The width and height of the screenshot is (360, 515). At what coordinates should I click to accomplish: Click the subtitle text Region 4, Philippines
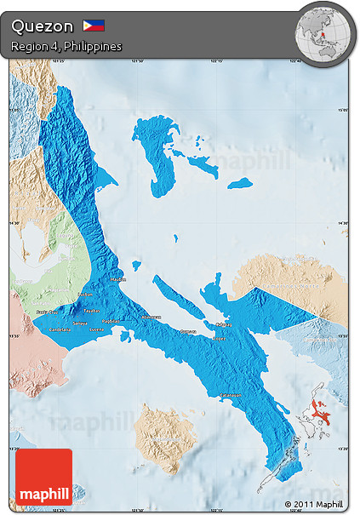[66, 45]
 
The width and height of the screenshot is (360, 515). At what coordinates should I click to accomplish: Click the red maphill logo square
[43, 477]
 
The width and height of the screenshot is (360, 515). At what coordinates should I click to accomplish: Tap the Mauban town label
[117, 278]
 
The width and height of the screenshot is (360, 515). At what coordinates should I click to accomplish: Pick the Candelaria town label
[60, 329]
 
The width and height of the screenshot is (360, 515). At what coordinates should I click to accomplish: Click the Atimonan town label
[151, 317]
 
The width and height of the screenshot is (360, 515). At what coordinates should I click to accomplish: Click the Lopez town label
[219, 337]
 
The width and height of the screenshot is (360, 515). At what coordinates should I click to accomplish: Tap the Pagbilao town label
[111, 321]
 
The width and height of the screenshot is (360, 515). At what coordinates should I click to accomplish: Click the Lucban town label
[85, 295]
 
